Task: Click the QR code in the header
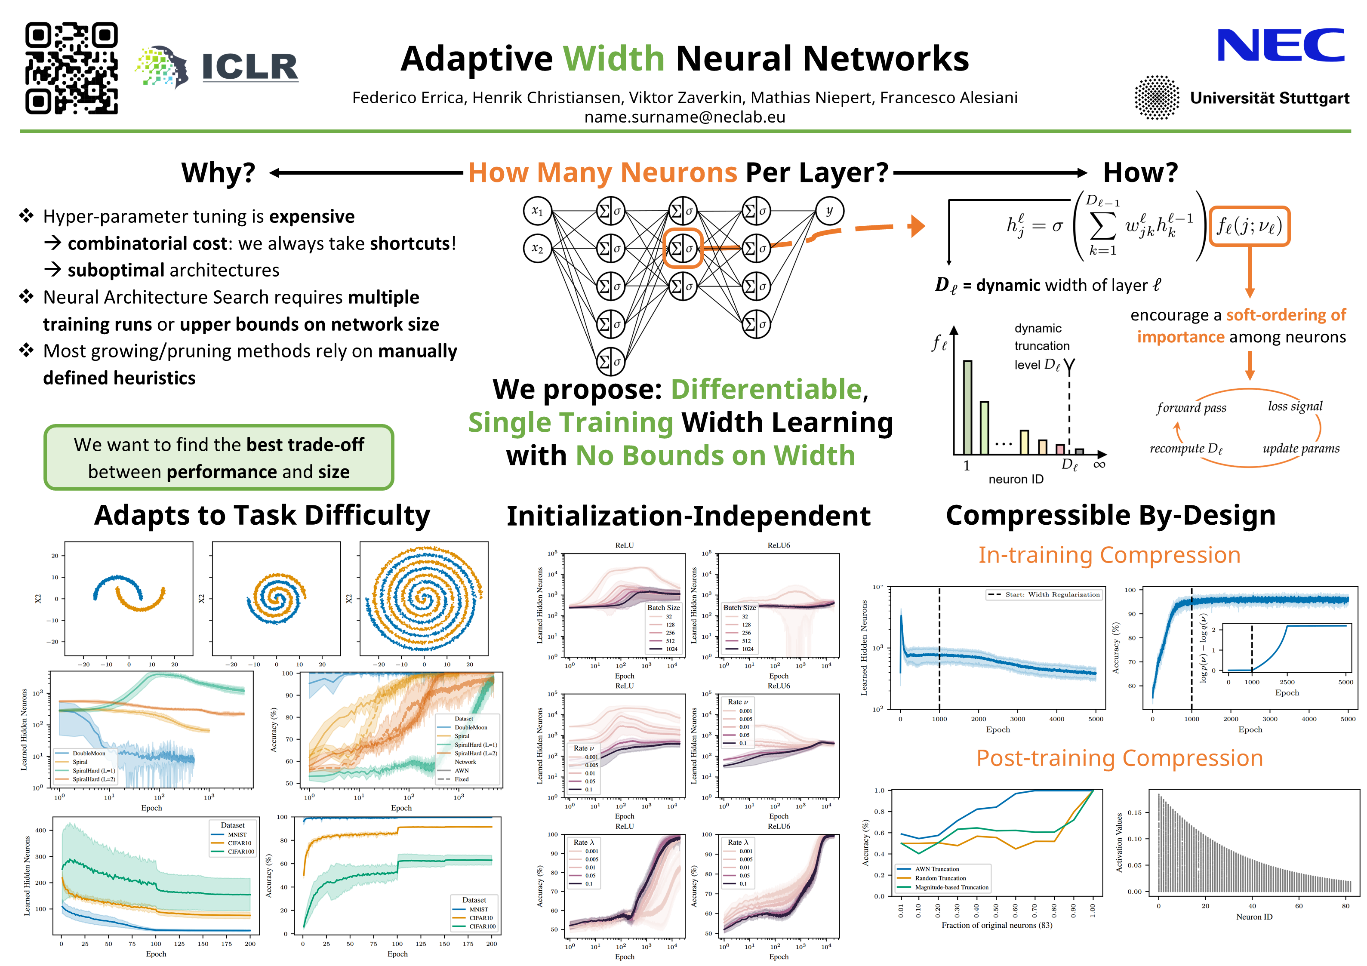click(71, 68)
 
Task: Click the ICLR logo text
click(250, 67)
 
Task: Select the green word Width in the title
click(614, 58)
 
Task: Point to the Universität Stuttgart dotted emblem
click(1156, 98)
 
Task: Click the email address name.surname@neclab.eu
click(685, 117)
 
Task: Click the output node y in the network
click(829, 211)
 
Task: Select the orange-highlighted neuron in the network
click(683, 248)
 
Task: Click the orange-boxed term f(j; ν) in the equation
click(1249, 226)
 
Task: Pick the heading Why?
click(219, 173)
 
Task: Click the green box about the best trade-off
click(219, 458)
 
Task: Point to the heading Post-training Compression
click(1119, 758)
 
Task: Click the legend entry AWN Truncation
click(936, 869)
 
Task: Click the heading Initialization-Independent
click(688, 516)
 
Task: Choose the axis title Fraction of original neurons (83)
click(997, 925)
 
